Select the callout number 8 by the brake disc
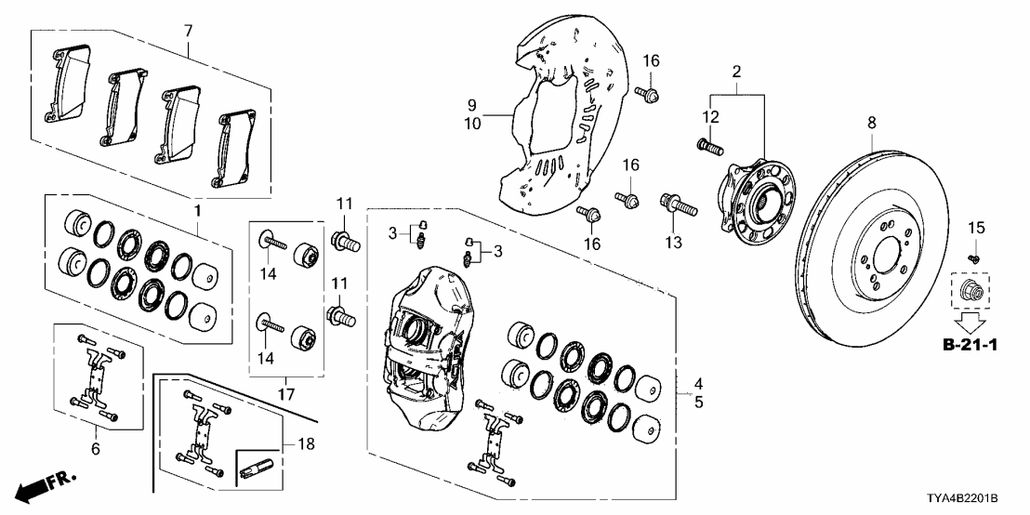[872, 123]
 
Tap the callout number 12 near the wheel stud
[710, 116]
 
